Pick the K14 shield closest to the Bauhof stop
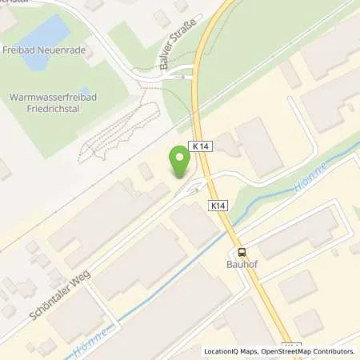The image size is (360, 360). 218,206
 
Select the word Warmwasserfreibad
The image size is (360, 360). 49,97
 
